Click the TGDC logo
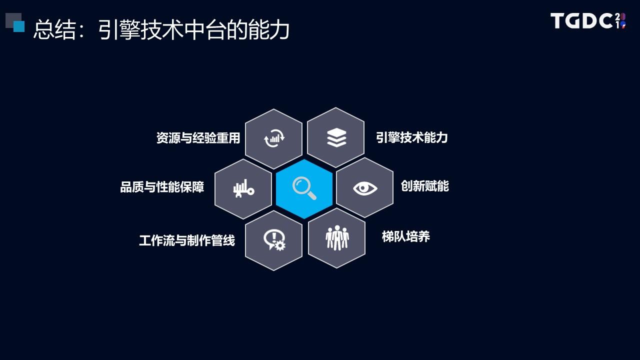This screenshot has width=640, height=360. click(x=588, y=21)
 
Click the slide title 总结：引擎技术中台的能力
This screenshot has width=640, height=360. click(x=161, y=29)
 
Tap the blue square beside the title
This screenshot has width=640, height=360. click(x=19, y=26)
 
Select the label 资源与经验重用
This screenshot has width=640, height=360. click(x=198, y=138)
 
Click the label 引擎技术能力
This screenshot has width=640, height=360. click(x=411, y=137)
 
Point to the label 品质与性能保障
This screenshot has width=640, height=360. click(x=162, y=187)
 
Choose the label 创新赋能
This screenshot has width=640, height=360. click(x=425, y=186)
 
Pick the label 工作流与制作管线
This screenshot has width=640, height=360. click(x=187, y=240)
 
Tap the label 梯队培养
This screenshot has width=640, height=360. click(x=405, y=236)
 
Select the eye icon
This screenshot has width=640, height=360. click(x=365, y=188)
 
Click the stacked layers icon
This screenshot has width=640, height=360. click(x=336, y=137)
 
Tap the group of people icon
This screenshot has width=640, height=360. click(x=337, y=237)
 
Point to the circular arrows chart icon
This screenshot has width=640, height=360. click(x=274, y=138)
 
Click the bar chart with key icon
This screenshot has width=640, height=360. click(x=243, y=188)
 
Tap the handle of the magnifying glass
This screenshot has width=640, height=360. click(x=312, y=196)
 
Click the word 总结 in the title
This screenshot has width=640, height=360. click(x=54, y=29)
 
